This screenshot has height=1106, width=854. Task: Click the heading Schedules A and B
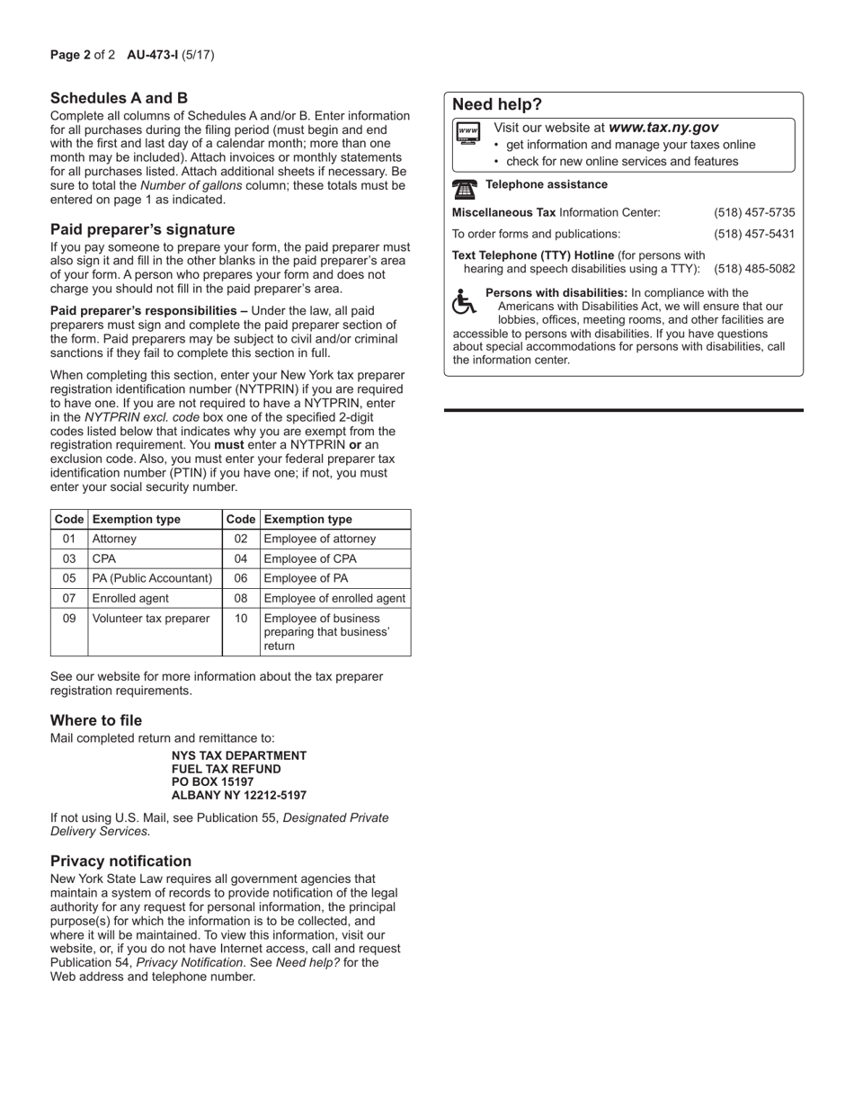(119, 98)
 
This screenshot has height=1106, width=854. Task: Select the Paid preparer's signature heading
(142, 229)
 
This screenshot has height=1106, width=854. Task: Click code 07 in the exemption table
(69, 598)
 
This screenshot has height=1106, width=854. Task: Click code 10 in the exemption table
(241, 619)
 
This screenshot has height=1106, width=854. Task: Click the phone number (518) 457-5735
(754, 212)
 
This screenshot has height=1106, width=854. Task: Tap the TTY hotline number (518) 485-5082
(754, 269)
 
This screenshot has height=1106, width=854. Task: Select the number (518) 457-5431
(754, 234)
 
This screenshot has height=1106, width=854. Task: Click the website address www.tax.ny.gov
(663, 129)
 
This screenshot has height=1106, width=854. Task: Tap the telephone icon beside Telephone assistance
(465, 189)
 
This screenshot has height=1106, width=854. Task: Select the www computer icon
(468, 133)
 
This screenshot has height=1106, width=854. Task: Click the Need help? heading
(497, 104)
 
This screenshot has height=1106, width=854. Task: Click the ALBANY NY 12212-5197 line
(239, 796)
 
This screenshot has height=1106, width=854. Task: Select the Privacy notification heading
(120, 861)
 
